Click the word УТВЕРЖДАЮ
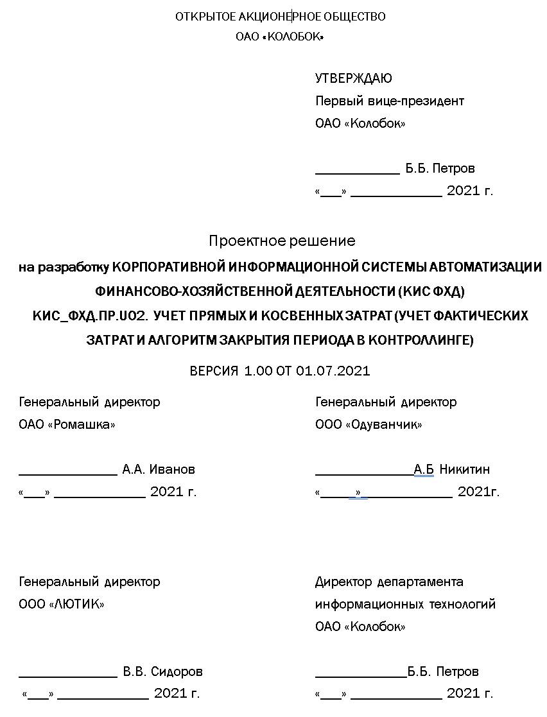click(353, 78)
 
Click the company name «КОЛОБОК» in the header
click(293, 37)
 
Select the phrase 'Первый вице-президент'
click(389, 101)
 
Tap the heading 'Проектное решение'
click(281, 241)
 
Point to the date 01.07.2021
click(333, 371)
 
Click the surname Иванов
click(172, 469)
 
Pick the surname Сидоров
click(177, 671)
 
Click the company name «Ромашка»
click(82, 424)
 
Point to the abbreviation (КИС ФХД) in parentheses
click(430, 291)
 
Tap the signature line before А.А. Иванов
click(68, 474)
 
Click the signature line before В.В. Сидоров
click(68, 676)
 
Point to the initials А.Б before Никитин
click(424, 469)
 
